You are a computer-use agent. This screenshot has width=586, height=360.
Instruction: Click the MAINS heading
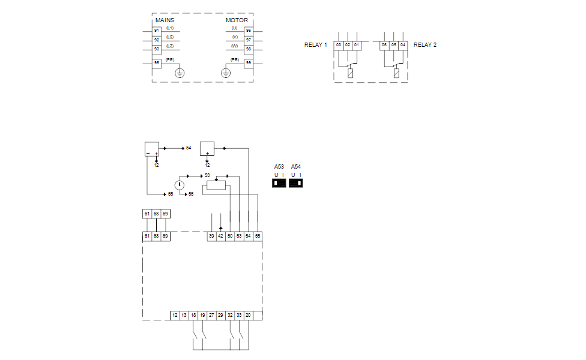coord(165,20)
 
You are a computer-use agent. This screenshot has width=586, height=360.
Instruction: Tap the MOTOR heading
coord(237,20)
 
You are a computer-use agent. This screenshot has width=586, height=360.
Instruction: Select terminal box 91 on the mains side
coord(157,30)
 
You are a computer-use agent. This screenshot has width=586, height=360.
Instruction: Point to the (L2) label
coord(170,37)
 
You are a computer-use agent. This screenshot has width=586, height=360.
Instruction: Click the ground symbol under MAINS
coord(180,73)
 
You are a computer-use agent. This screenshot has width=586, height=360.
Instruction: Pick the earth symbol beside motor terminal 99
coord(226,73)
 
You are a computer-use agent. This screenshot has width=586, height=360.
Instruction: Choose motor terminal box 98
coord(248,49)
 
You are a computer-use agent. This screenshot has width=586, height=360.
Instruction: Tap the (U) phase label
coord(234,28)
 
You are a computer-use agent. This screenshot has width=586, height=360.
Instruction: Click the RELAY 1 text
coord(316,45)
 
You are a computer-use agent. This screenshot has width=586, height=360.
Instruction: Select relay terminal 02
coord(347,45)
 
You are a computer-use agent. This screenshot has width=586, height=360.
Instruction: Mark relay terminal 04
coord(402,45)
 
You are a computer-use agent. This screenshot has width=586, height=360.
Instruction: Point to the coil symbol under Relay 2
coord(396,74)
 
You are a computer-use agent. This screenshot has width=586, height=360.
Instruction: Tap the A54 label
coord(296,166)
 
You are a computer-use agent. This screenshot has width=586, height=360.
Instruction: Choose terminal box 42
coord(221,236)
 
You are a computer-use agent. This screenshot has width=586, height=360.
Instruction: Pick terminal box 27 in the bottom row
coord(211,315)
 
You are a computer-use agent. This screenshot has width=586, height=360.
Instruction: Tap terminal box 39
coord(211,236)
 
